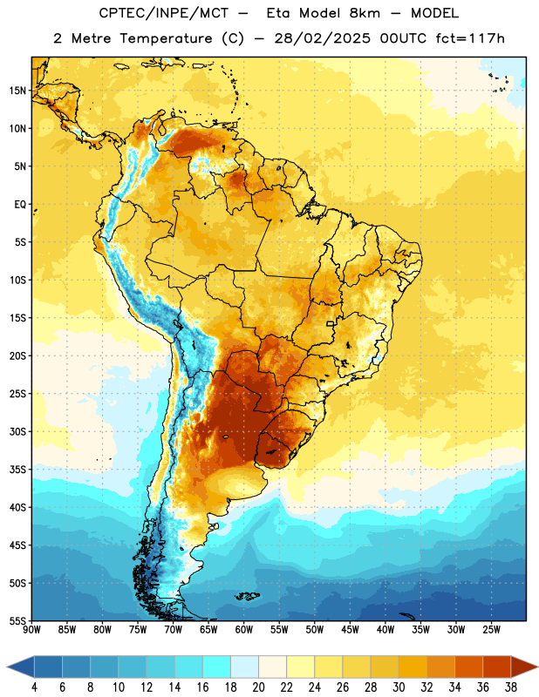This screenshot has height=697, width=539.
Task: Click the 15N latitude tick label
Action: (x=17, y=91)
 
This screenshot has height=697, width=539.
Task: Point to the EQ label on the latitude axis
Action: (x=20, y=205)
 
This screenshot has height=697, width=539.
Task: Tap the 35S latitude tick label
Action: (x=17, y=470)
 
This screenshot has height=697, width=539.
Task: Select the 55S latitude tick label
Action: (x=17, y=620)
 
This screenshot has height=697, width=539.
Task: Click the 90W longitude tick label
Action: (x=32, y=630)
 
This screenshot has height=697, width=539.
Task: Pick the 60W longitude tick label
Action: (x=244, y=630)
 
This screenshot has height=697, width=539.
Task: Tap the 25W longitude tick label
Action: (x=491, y=630)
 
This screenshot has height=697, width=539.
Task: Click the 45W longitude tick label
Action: (x=350, y=630)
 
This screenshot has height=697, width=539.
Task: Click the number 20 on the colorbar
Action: (x=258, y=687)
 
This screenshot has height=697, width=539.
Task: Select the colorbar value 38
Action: (x=510, y=687)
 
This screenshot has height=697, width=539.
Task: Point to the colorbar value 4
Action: (x=34, y=687)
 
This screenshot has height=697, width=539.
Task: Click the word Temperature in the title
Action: (x=166, y=38)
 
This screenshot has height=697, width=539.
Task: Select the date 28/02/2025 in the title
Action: (x=322, y=38)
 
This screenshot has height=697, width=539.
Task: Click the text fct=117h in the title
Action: (x=470, y=38)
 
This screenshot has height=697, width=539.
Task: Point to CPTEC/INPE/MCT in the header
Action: (x=163, y=13)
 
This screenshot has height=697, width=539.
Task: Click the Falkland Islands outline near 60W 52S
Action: (x=247, y=596)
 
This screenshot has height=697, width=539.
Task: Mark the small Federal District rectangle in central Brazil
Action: (x=331, y=323)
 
